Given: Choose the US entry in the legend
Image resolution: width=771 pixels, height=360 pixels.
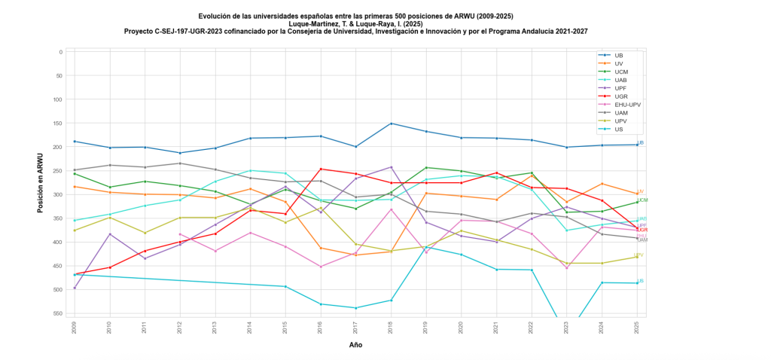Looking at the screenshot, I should [618, 129].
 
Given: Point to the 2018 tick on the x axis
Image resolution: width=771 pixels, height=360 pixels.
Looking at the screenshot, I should [391, 325].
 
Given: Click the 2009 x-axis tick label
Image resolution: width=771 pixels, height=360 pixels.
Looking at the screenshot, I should [75, 325].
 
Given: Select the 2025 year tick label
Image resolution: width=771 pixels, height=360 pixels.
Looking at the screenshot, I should [637, 325].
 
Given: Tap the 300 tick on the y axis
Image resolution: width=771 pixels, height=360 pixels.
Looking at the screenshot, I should [59, 194].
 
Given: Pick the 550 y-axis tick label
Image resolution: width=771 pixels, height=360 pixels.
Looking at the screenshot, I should [59, 313].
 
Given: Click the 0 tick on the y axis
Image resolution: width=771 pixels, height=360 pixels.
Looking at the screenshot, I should [60, 52].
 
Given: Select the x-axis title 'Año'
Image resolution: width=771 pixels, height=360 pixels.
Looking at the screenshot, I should [355, 345].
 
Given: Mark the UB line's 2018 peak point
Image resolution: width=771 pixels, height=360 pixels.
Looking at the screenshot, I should [391, 124].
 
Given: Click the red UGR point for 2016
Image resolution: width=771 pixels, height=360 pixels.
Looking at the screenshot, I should [321, 169].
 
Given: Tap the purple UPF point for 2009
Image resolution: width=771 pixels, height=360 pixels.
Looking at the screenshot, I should [75, 288].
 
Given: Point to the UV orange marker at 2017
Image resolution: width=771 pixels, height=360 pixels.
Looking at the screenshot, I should [356, 255].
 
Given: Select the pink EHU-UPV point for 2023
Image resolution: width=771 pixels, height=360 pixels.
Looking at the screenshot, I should [567, 268].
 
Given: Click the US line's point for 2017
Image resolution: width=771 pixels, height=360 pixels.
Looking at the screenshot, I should [356, 308].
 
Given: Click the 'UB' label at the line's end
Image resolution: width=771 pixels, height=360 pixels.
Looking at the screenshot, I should [641, 142].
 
